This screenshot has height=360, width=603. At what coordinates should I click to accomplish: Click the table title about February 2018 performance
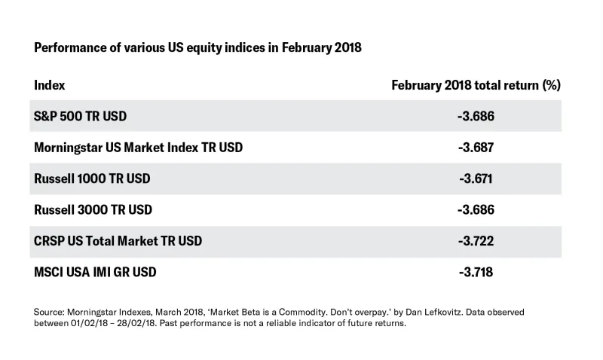198,47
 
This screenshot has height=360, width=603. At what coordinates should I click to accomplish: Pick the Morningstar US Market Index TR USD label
138,147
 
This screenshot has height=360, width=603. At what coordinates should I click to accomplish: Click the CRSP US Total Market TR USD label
129,240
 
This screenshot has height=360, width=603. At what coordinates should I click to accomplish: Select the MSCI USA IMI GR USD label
96,271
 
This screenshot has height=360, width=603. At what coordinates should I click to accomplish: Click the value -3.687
476,147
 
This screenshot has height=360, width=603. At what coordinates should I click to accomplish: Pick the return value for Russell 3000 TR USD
476,209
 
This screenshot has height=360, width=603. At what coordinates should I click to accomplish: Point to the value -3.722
476,240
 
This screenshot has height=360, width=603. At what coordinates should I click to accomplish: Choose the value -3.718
476,271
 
